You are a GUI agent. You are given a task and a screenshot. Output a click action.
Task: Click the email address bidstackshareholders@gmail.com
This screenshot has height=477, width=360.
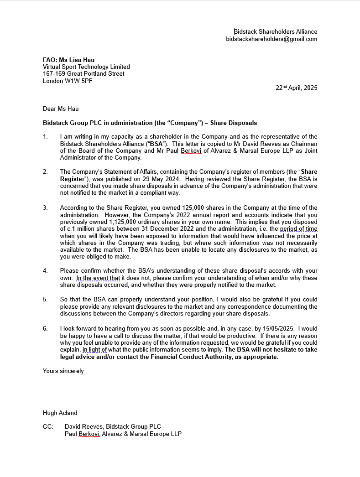pyautogui.click(x=271, y=39)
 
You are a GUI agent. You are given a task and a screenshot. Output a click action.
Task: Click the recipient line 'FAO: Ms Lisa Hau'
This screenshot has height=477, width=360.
pyautogui.click(x=68, y=60)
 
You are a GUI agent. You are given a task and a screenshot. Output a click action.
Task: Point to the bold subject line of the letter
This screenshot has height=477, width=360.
pyautogui.click(x=150, y=123)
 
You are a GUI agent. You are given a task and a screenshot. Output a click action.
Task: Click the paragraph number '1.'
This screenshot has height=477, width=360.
pyautogui.click(x=45, y=137)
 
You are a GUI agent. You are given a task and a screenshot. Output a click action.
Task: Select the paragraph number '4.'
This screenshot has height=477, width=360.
pyautogui.click(x=45, y=271)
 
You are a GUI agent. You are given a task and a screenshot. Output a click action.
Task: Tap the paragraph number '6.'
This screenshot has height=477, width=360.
pyautogui.click(x=45, y=329)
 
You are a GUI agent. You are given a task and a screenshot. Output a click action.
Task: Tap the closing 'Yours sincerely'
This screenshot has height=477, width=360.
pyautogui.click(x=63, y=371)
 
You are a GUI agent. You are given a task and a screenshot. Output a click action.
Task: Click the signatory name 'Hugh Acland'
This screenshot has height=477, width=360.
pyautogui.click(x=60, y=413)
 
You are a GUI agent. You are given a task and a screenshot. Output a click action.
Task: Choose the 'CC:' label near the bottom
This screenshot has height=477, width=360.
pyautogui.click(x=48, y=427)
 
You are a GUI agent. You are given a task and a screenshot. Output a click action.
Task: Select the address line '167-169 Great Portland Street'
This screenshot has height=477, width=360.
pyautogui.click(x=83, y=74)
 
